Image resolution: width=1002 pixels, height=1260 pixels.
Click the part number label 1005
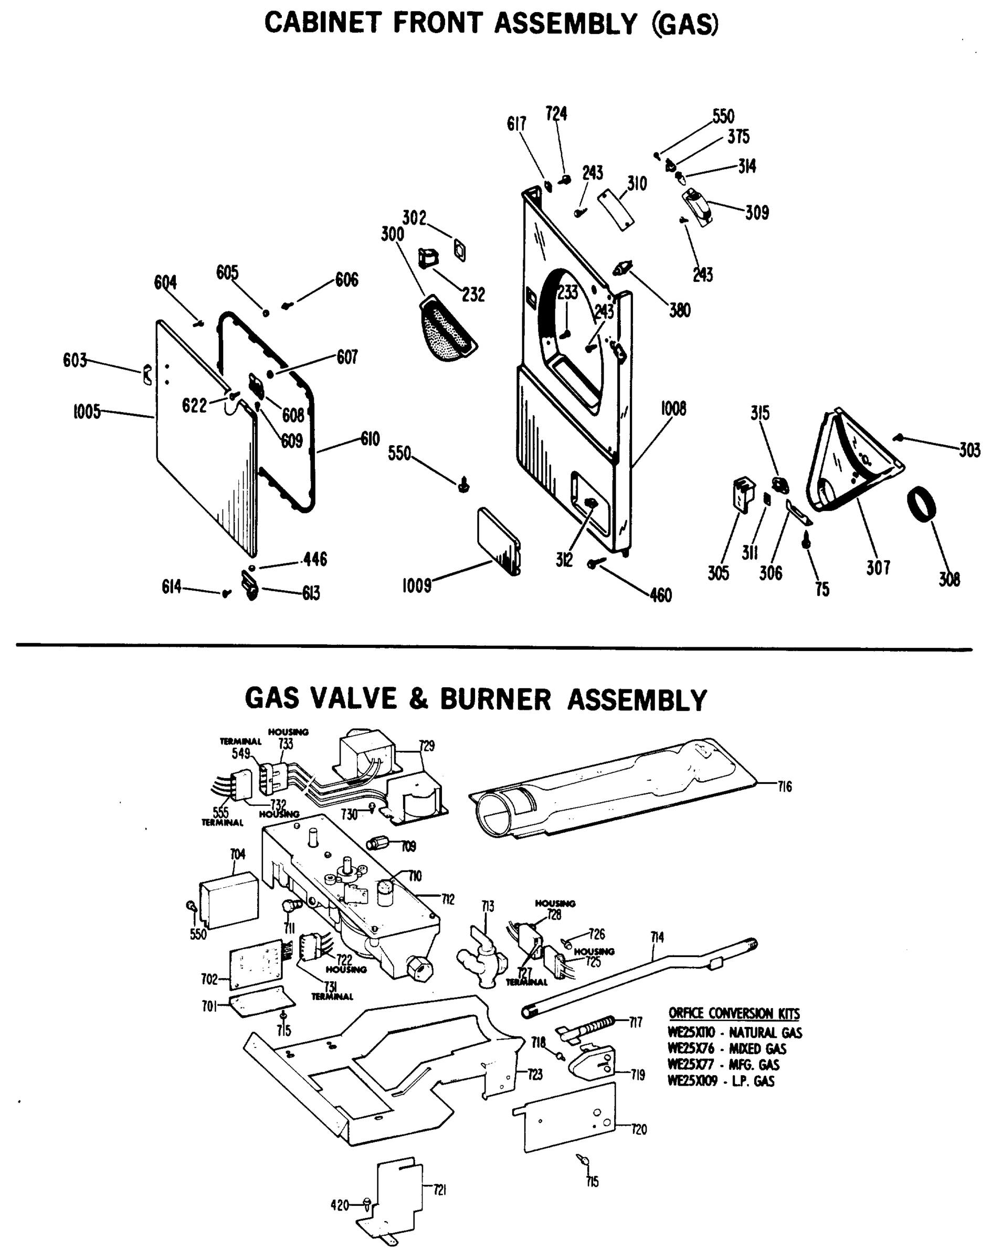point(87,412)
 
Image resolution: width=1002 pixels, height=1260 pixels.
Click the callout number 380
point(680,310)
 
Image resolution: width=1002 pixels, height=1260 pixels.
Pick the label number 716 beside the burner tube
point(784,786)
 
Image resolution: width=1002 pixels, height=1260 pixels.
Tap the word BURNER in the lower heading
point(495,699)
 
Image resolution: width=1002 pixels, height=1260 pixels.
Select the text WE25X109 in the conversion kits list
point(692,1081)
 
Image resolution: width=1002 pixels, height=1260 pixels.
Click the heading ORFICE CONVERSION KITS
point(734,1013)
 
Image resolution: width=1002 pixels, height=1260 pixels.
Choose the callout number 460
point(660,595)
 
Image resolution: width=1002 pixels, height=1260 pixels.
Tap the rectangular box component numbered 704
point(229,900)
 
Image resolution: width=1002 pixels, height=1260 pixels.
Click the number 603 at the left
point(75,360)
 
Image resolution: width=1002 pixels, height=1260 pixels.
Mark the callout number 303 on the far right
point(969,449)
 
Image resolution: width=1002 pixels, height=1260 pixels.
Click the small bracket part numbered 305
point(743,495)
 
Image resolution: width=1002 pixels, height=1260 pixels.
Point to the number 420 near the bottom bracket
point(340,1205)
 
